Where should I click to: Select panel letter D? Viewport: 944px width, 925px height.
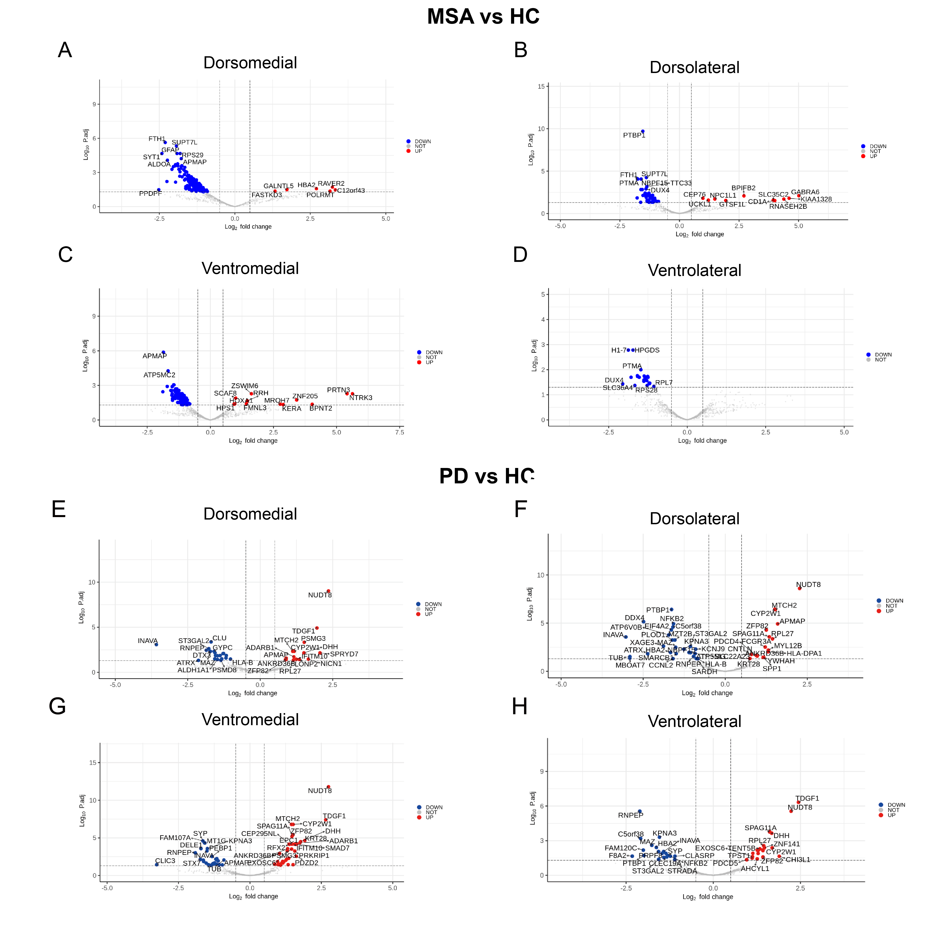[520, 255]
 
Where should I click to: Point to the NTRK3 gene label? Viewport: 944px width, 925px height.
[361, 398]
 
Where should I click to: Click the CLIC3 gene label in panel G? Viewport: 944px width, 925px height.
[165, 861]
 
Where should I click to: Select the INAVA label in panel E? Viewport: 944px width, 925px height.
[148, 641]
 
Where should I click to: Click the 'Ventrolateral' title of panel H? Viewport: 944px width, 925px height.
[694, 721]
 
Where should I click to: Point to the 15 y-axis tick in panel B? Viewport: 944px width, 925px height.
[541, 86]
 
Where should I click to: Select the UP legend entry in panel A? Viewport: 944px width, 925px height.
[418, 151]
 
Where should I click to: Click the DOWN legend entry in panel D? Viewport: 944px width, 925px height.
[883, 355]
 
